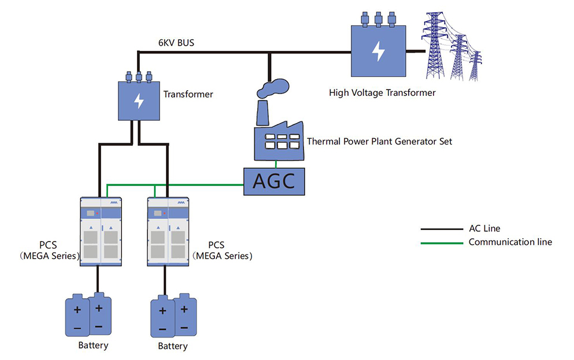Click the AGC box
tap(273, 181)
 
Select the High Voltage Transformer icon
tap(378, 50)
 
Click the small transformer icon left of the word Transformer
tap(139, 99)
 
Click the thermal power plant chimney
tap(262, 113)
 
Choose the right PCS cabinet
tap(169, 232)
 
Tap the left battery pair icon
tap(88, 316)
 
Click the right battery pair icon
tap(173, 316)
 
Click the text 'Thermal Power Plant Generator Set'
tap(379, 141)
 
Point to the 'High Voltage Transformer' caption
tap(382, 92)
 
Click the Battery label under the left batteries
tap(93, 346)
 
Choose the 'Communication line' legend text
tap(510, 242)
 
